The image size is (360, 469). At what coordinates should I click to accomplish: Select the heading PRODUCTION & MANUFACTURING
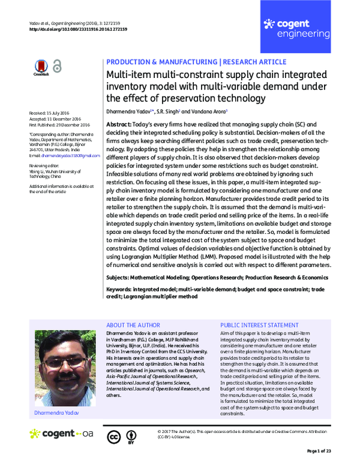(160, 62)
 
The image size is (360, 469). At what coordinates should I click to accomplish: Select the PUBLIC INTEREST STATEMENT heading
(259, 323)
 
